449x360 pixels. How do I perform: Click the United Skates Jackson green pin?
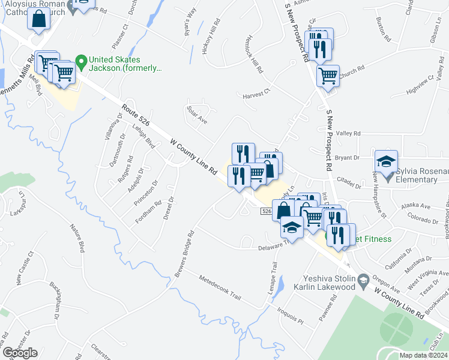click(x=81, y=61)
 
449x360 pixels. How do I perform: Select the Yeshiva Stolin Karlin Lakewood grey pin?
click(x=363, y=280)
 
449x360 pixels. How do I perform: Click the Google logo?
click(x=20, y=353)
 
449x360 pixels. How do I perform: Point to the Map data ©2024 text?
click(x=424, y=355)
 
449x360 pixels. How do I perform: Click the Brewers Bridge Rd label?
click(x=184, y=256)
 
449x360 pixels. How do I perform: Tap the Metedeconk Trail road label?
click(x=220, y=289)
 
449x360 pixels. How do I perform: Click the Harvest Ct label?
click(x=257, y=95)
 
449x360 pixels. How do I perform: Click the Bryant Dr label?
click(x=347, y=158)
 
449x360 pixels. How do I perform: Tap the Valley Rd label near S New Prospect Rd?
click(x=348, y=133)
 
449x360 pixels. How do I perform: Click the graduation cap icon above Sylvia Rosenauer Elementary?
click(x=387, y=161)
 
